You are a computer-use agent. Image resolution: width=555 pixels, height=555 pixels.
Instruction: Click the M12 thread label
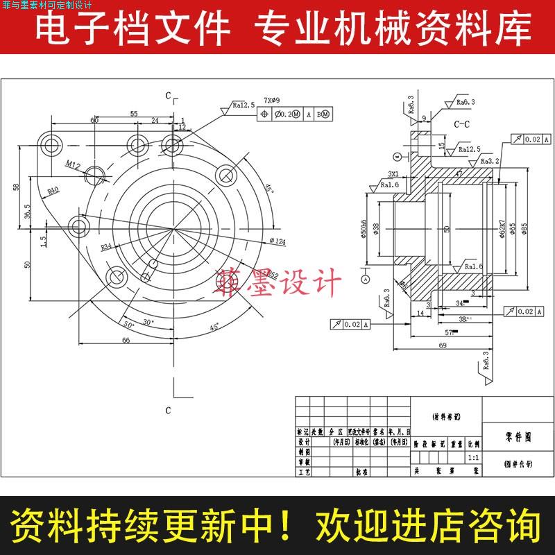(x=75, y=164)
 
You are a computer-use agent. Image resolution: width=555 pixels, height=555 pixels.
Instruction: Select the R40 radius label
(x=54, y=189)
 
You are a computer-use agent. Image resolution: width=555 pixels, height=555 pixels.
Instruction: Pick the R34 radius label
(x=105, y=246)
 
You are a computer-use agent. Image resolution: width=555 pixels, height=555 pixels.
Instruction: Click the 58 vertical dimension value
(x=16, y=187)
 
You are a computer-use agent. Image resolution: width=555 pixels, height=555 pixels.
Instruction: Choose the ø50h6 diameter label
(x=364, y=228)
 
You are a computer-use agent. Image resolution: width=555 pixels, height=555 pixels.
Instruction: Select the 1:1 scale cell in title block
(x=474, y=459)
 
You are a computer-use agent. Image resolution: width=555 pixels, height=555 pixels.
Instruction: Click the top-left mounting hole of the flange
(x=51, y=145)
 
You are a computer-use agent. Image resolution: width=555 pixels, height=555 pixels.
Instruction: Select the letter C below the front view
(x=168, y=410)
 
